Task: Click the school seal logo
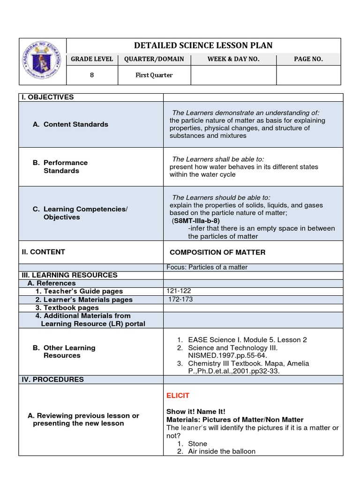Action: point(43,61)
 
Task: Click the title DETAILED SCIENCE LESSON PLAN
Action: point(203,45)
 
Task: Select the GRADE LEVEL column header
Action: point(92,59)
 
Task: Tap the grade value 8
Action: point(92,75)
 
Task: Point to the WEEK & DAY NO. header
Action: point(233,59)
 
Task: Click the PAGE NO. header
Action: point(308,59)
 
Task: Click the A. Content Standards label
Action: point(70,124)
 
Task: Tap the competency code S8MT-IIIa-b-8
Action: point(196,220)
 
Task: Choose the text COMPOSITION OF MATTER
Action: point(217,252)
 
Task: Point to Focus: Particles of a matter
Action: point(207,267)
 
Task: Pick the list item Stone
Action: point(197,443)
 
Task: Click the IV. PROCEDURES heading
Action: point(52,379)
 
